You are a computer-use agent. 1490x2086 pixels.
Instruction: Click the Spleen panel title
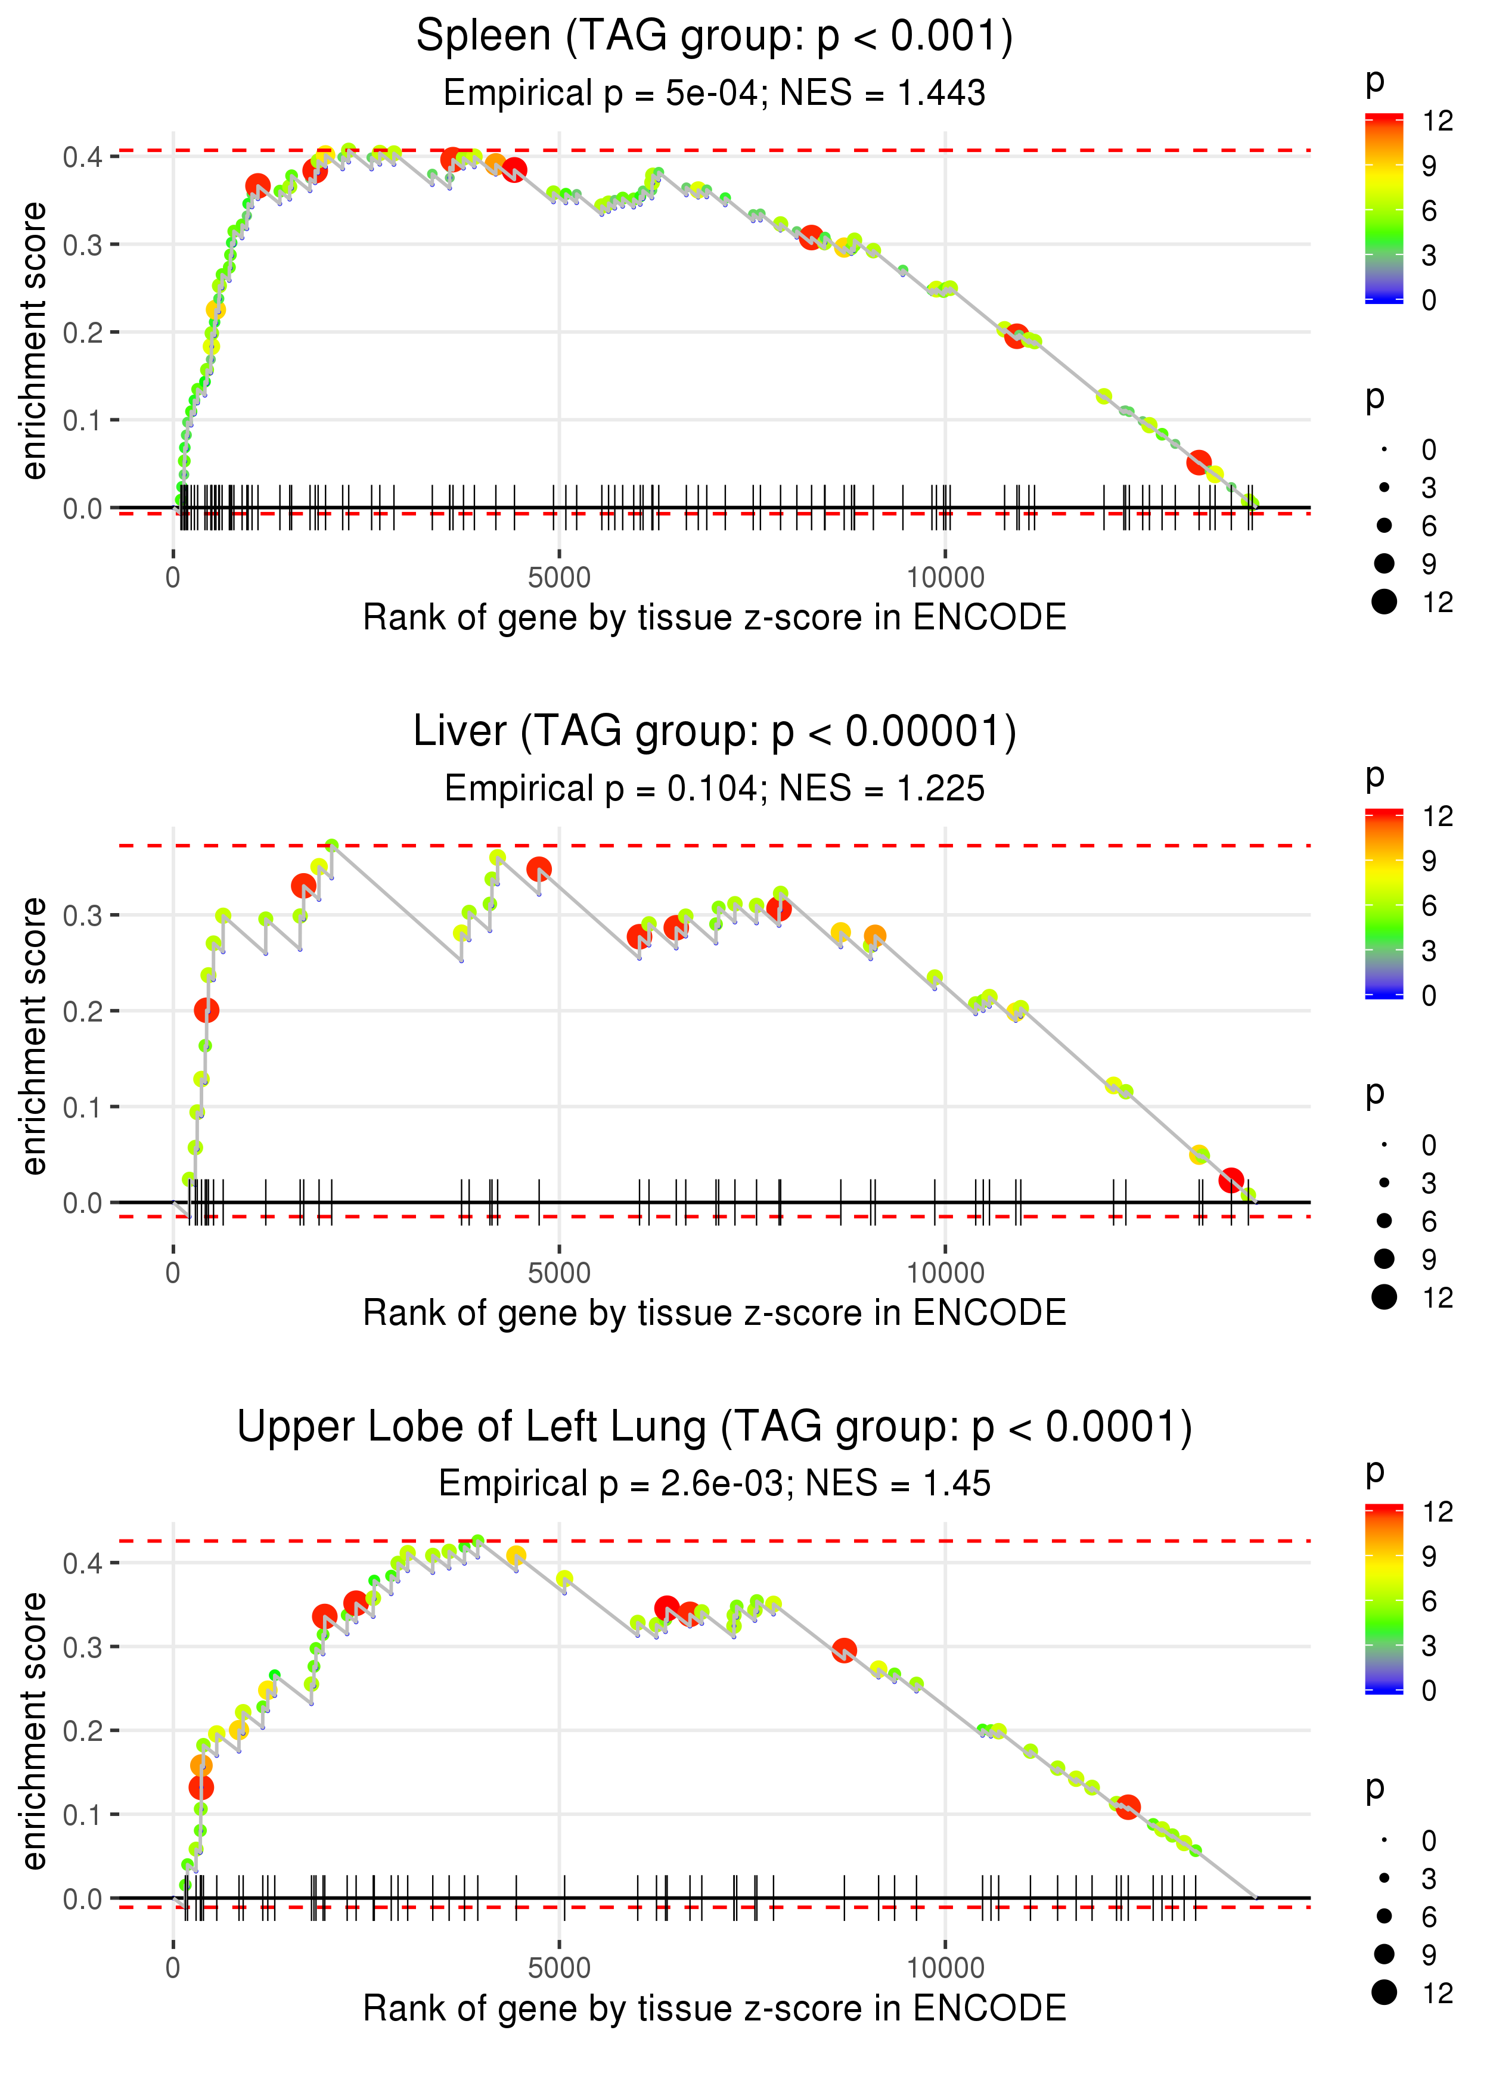click(714, 37)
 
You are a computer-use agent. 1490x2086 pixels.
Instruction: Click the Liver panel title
click(714, 732)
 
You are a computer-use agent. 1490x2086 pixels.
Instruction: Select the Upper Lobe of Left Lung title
click(714, 1427)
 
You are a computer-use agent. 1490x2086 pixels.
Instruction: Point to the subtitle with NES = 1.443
click(714, 94)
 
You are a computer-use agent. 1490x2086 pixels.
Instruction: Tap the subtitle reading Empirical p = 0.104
click(714, 789)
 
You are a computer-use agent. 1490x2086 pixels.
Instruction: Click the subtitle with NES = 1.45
click(714, 1484)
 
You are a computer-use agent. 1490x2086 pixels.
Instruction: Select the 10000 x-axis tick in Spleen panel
click(945, 578)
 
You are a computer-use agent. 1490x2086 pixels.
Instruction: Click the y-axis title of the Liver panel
click(34, 1036)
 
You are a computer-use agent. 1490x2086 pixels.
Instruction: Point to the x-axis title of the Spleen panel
click(714, 617)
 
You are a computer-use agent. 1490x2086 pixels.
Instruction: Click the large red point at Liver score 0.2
click(206, 1011)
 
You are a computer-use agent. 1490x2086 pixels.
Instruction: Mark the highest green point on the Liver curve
click(332, 845)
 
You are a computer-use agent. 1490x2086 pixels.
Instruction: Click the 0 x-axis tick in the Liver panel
click(173, 1273)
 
